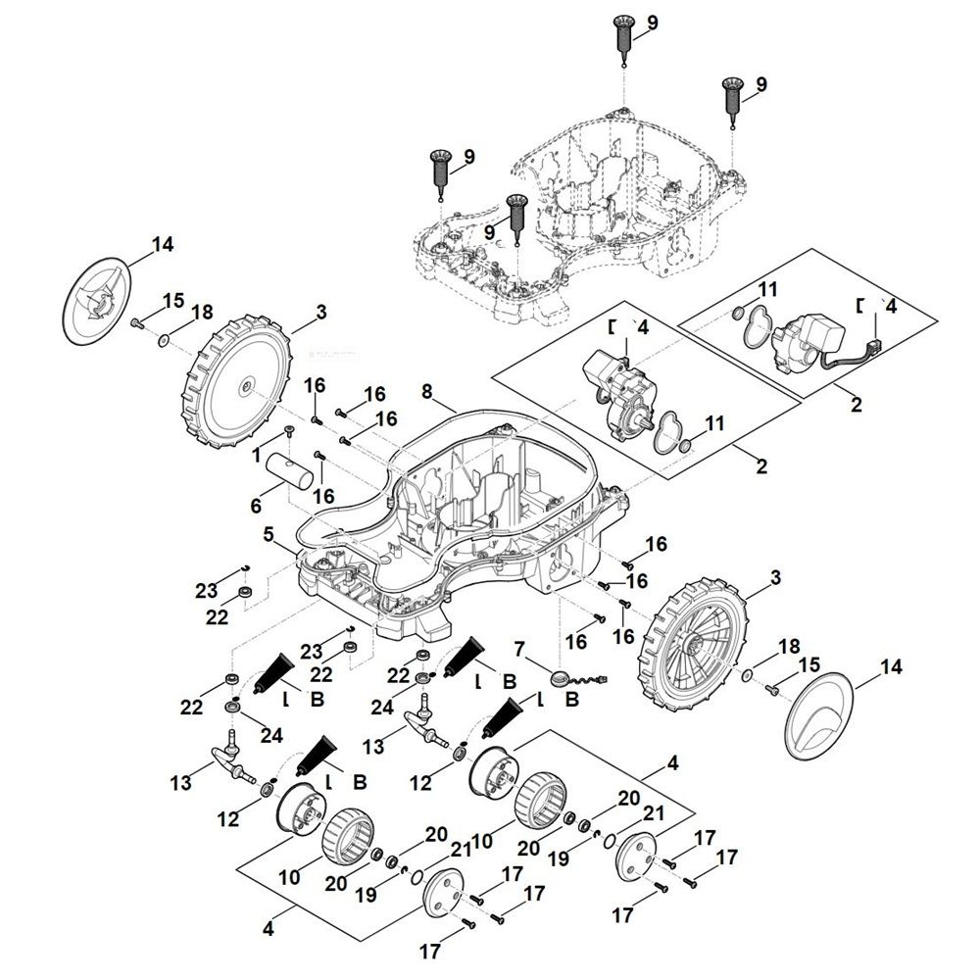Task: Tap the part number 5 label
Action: (x=269, y=536)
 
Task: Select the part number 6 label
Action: (x=257, y=507)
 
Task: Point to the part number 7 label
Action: (x=519, y=649)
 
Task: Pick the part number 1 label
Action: (x=256, y=457)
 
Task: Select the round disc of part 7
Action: (x=562, y=676)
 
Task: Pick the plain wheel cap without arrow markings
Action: (x=819, y=712)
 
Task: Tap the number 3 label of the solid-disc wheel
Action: (x=320, y=313)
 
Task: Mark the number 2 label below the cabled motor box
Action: (x=857, y=404)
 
